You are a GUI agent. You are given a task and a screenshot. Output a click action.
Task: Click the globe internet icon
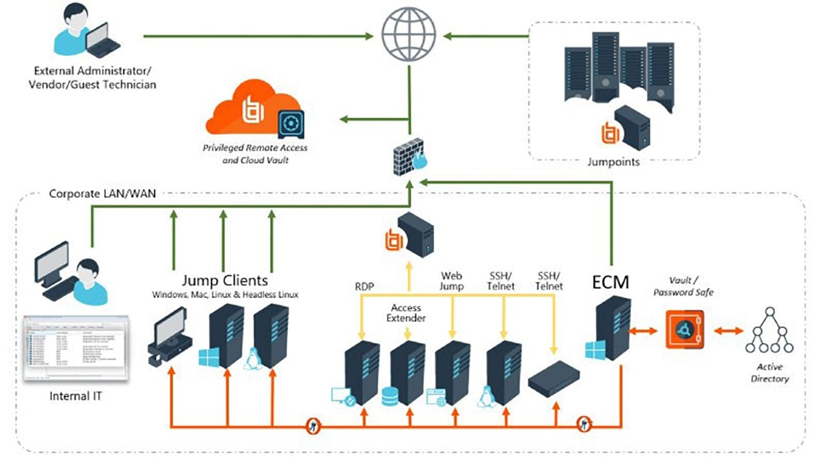click(408, 36)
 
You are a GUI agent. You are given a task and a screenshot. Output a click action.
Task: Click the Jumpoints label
click(613, 162)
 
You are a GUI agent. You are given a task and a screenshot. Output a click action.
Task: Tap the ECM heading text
click(610, 283)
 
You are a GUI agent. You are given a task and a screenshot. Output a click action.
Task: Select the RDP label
click(365, 286)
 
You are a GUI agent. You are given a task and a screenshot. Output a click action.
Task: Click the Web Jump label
click(452, 280)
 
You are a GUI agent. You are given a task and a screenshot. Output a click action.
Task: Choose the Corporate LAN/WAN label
click(102, 193)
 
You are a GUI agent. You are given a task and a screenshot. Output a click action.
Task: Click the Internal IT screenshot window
click(75, 348)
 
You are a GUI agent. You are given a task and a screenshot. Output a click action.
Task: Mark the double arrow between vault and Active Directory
click(728, 331)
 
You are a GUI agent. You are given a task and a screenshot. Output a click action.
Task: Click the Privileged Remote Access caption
click(255, 154)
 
